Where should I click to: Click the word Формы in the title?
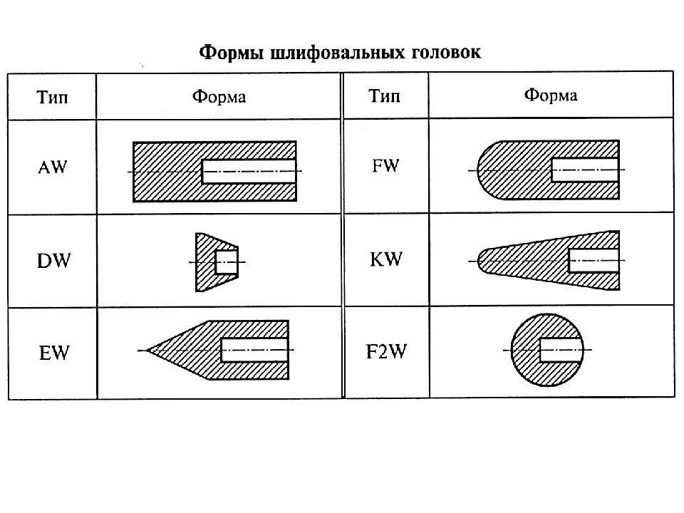[231, 53]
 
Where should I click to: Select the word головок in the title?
[446, 52]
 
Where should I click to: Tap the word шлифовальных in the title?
[337, 53]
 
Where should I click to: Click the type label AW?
[52, 167]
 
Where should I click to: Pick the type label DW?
[53, 261]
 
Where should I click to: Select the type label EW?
[54, 353]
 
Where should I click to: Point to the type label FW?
[385, 166]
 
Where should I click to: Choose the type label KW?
[386, 259]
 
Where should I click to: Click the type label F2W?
[386, 351]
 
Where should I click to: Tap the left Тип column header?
[52, 97]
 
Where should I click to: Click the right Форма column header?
[551, 95]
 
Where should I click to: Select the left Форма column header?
[219, 96]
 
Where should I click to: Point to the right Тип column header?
[384, 95]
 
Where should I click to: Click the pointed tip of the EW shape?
[147, 350]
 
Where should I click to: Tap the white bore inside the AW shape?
[249, 171]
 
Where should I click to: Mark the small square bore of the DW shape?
[227, 261]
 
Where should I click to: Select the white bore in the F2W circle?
[561, 350]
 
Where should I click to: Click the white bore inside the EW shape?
[254, 350]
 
